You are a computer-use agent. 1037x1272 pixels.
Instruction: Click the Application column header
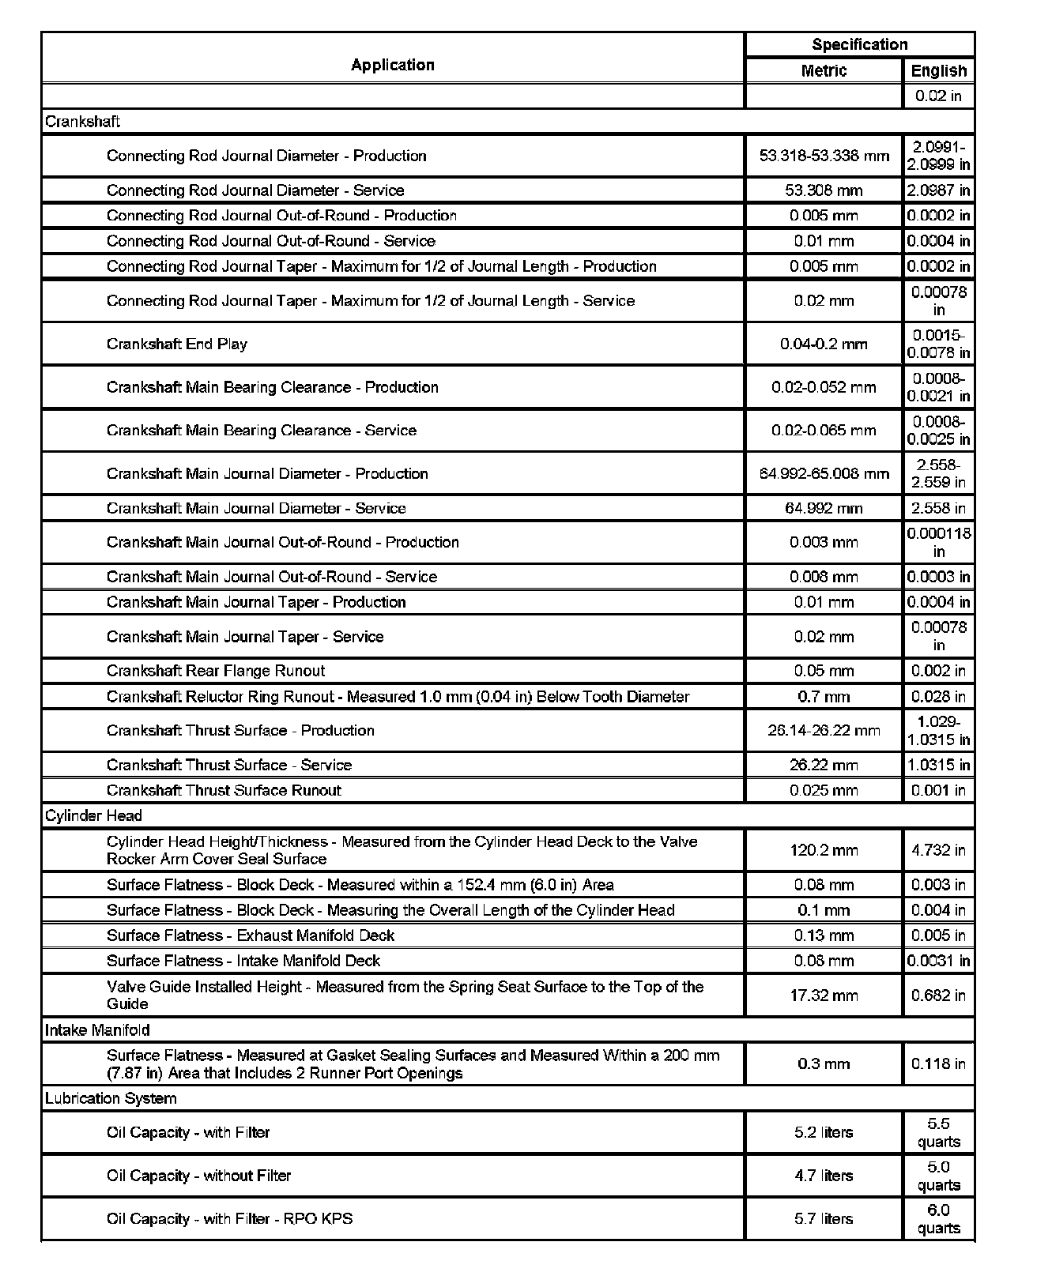[x=393, y=65]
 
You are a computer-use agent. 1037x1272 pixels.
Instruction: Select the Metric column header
[x=824, y=70]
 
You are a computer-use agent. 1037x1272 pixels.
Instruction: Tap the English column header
[x=938, y=70]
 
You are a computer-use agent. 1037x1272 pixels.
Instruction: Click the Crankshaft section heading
[x=83, y=122]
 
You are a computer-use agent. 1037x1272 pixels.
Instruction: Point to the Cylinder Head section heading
[x=93, y=816]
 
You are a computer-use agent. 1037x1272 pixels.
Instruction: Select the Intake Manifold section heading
[x=97, y=1030]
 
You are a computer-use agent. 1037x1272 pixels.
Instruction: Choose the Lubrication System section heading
[x=111, y=1098]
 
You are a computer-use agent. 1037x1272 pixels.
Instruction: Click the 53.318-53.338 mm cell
[x=824, y=156]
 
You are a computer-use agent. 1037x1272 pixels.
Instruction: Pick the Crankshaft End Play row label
[x=177, y=344]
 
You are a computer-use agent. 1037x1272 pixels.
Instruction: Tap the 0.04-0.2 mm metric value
[x=824, y=344]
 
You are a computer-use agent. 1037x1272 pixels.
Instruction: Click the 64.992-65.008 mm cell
[x=824, y=473]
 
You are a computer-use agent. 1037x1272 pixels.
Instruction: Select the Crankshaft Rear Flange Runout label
[x=216, y=671]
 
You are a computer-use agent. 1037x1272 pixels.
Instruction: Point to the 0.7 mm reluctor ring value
[x=824, y=697]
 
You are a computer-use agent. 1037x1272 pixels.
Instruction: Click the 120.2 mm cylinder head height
[x=824, y=850]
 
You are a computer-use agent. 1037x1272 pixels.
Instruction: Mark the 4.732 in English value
[x=938, y=850]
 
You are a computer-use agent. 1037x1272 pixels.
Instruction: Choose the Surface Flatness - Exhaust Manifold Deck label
[x=251, y=935]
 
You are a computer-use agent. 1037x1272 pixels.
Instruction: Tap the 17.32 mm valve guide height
[x=824, y=995]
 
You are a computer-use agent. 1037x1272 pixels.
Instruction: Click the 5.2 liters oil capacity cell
[x=824, y=1132]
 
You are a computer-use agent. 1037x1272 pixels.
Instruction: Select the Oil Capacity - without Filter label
[x=199, y=1176]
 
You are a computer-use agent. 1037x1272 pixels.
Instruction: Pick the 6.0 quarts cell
[x=938, y=1218]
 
